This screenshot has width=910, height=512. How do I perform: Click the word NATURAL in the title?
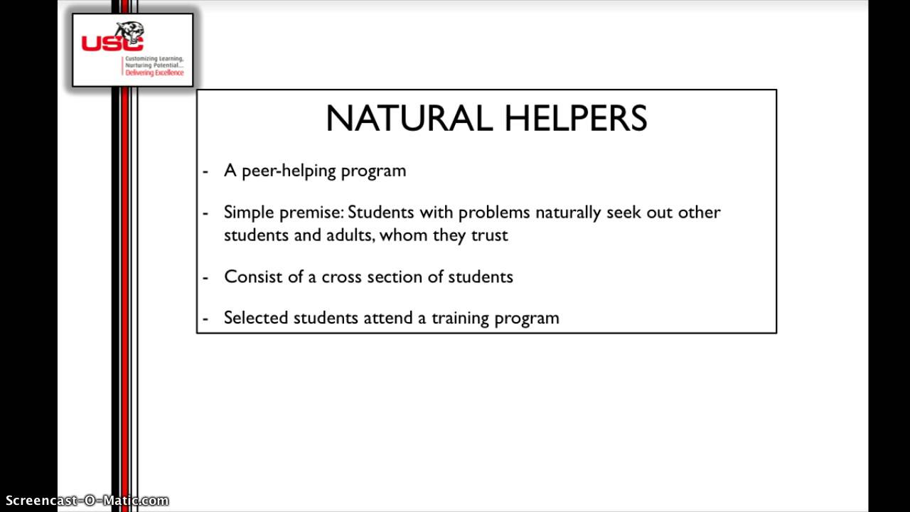pyautogui.click(x=409, y=119)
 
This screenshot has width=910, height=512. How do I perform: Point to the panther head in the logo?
pyautogui.click(x=130, y=33)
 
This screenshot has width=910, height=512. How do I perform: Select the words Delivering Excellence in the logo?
pyautogui.click(x=154, y=73)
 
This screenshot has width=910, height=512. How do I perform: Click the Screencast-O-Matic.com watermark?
pyautogui.click(x=85, y=501)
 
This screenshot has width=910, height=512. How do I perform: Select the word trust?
pyautogui.click(x=490, y=235)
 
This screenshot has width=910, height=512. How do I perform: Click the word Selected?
pyautogui.click(x=254, y=318)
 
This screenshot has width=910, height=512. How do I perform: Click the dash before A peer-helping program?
pyautogui.click(x=205, y=171)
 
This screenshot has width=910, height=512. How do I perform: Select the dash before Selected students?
pyautogui.click(x=205, y=318)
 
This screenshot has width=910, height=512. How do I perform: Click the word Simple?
pyautogui.click(x=246, y=213)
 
